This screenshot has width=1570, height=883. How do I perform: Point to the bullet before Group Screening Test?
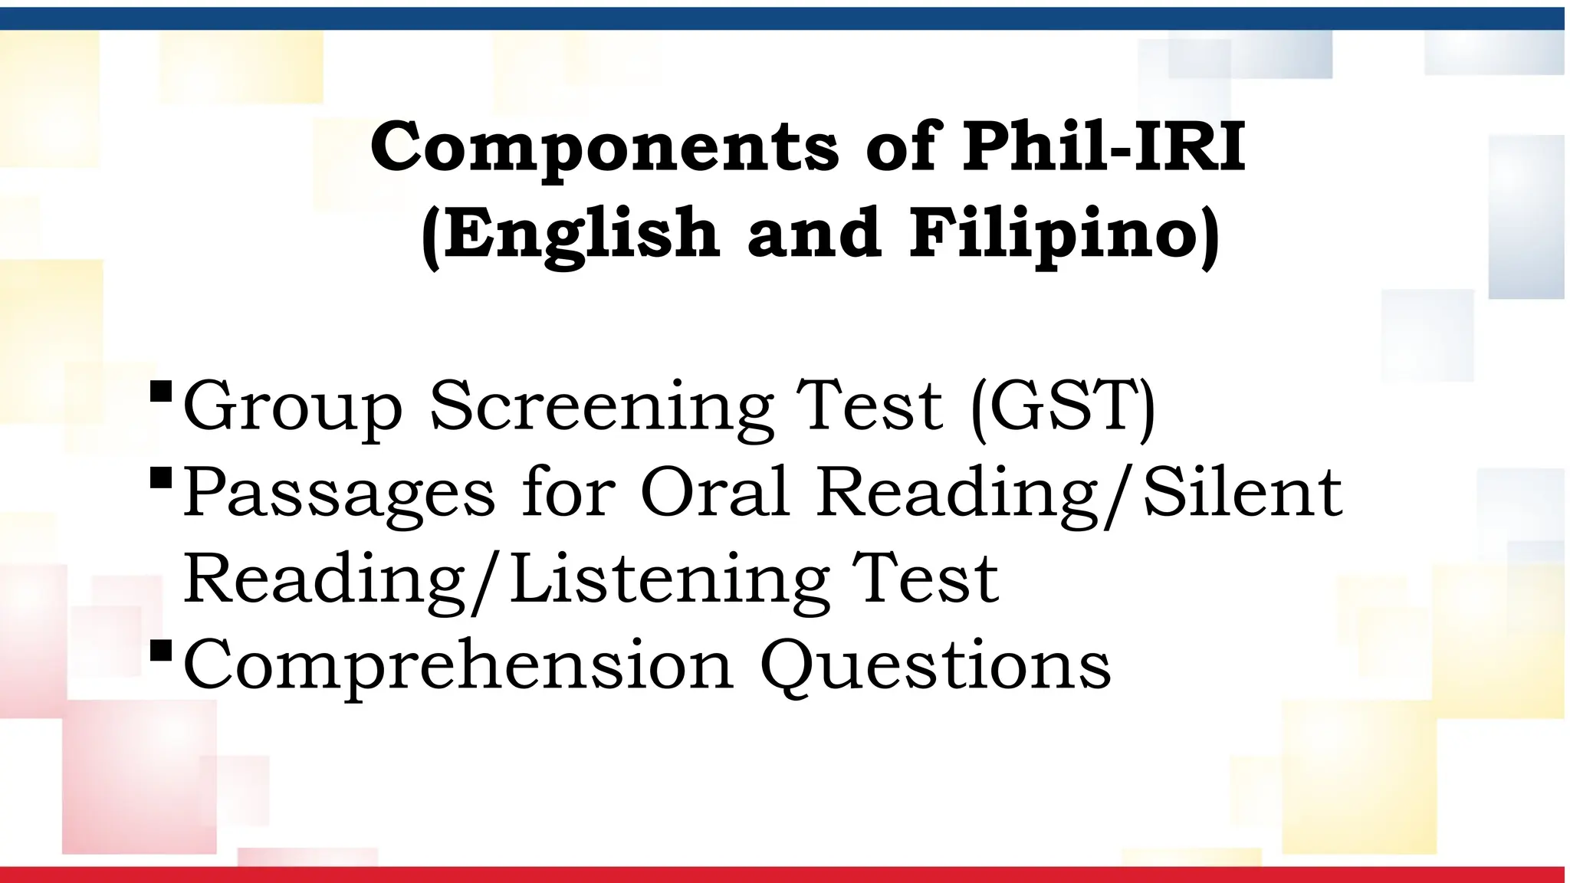pos(161,392)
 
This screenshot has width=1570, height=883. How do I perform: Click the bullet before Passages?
pos(161,479)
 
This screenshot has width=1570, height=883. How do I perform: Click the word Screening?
pos(602,406)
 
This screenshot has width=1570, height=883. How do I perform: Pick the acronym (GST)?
pos(1063,406)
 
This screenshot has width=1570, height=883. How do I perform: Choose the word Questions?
pos(935,665)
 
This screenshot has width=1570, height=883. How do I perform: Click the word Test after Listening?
pos(925,578)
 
